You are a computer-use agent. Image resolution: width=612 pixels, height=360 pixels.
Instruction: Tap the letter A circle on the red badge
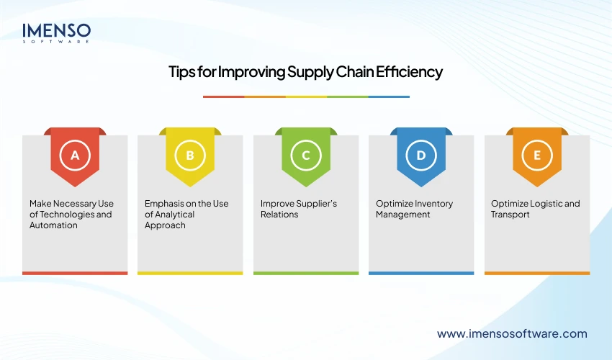[75, 155]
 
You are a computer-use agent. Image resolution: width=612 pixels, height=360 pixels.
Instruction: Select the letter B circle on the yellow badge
[190, 155]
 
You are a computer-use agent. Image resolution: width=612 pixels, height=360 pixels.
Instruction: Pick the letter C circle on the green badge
[306, 155]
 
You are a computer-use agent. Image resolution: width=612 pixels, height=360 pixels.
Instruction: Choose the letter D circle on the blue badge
[421, 155]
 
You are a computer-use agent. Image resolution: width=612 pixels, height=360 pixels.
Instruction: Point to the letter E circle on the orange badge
[537, 155]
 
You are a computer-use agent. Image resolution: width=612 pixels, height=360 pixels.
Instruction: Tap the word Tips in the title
[181, 72]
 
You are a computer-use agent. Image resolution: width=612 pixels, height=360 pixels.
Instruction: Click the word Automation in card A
[53, 225]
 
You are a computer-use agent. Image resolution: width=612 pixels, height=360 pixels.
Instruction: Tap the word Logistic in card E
[544, 204]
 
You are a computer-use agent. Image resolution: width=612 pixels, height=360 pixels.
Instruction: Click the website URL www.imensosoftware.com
[512, 333]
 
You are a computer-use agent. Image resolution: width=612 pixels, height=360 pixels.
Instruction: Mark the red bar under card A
[75, 273]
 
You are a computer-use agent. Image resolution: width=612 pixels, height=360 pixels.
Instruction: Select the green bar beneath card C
[306, 273]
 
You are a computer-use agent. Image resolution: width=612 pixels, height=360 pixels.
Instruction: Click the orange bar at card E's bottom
[537, 273]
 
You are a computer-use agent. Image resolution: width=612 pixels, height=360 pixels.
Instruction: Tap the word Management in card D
[403, 215]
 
